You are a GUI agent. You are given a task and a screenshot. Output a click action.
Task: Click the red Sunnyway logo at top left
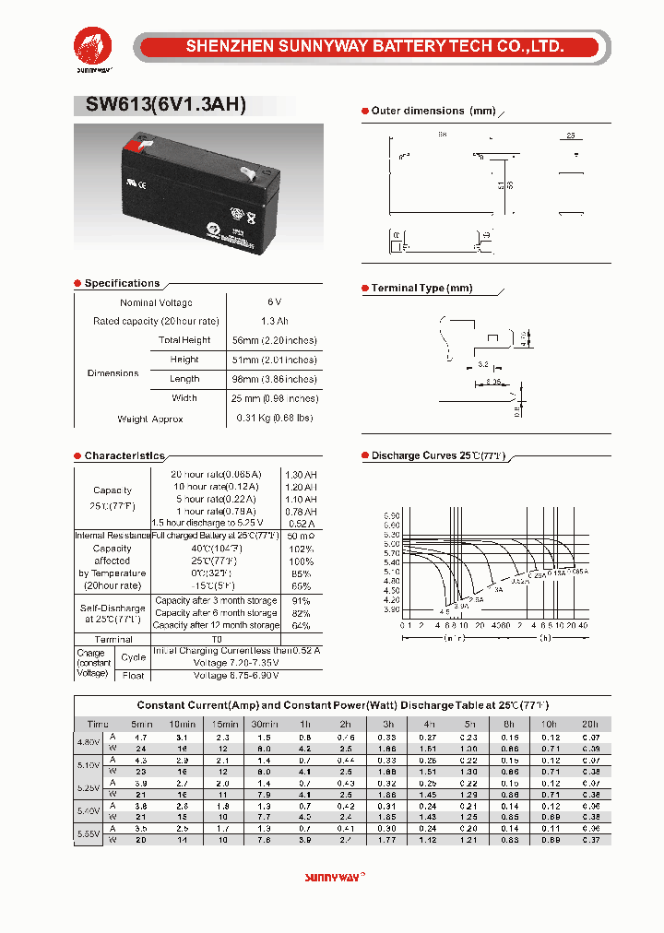coord(92,46)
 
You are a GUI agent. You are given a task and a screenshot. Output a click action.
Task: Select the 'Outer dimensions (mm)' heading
coord(433,111)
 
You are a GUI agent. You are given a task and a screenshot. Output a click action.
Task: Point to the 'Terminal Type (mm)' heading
coord(421,289)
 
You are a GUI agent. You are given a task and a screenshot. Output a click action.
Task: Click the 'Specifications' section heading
coord(122,283)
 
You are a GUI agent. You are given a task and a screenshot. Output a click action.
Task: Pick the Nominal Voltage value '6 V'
coord(274,302)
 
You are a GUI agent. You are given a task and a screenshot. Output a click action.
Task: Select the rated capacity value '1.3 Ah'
coord(274,321)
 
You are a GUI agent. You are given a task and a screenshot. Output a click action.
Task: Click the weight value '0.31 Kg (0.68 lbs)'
coord(274,419)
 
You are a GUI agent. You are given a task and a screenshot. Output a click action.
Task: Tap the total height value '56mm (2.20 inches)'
coord(274,340)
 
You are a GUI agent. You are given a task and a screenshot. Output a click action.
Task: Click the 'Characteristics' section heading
coord(125,456)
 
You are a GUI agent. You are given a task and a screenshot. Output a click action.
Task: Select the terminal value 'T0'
coord(217,639)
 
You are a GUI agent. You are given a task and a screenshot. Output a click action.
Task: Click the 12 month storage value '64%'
coord(301,625)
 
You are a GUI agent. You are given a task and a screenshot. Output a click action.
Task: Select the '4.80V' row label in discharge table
coord(89,742)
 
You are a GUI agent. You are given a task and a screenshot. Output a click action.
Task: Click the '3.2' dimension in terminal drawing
coord(483,365)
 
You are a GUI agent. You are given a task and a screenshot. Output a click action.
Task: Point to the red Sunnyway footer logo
coord(335,879)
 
